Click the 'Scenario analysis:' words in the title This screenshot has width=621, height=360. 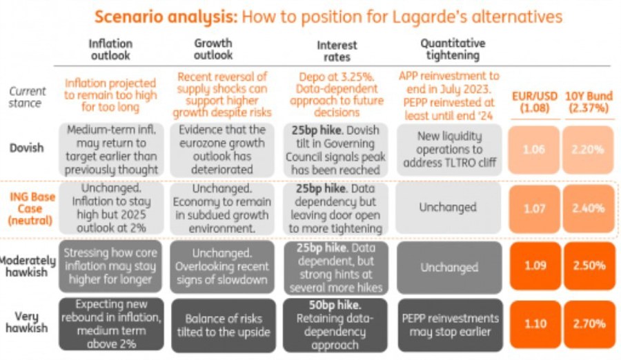159,17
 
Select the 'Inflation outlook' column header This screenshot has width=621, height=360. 110,49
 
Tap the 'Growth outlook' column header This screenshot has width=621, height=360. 213,49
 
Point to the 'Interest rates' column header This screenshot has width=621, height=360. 337,51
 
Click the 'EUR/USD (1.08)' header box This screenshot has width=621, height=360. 535,101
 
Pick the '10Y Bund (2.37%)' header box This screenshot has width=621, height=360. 588,101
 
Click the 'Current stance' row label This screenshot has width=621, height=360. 28,97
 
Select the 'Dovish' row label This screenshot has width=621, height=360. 28,147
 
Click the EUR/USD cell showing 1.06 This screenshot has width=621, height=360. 535,149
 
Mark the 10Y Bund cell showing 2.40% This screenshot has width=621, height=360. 588,208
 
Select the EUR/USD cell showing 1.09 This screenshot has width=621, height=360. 535,266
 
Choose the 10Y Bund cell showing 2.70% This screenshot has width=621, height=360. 588,323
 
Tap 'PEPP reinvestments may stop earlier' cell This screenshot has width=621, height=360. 449,324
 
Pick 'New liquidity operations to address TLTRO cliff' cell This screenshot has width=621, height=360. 449,149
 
